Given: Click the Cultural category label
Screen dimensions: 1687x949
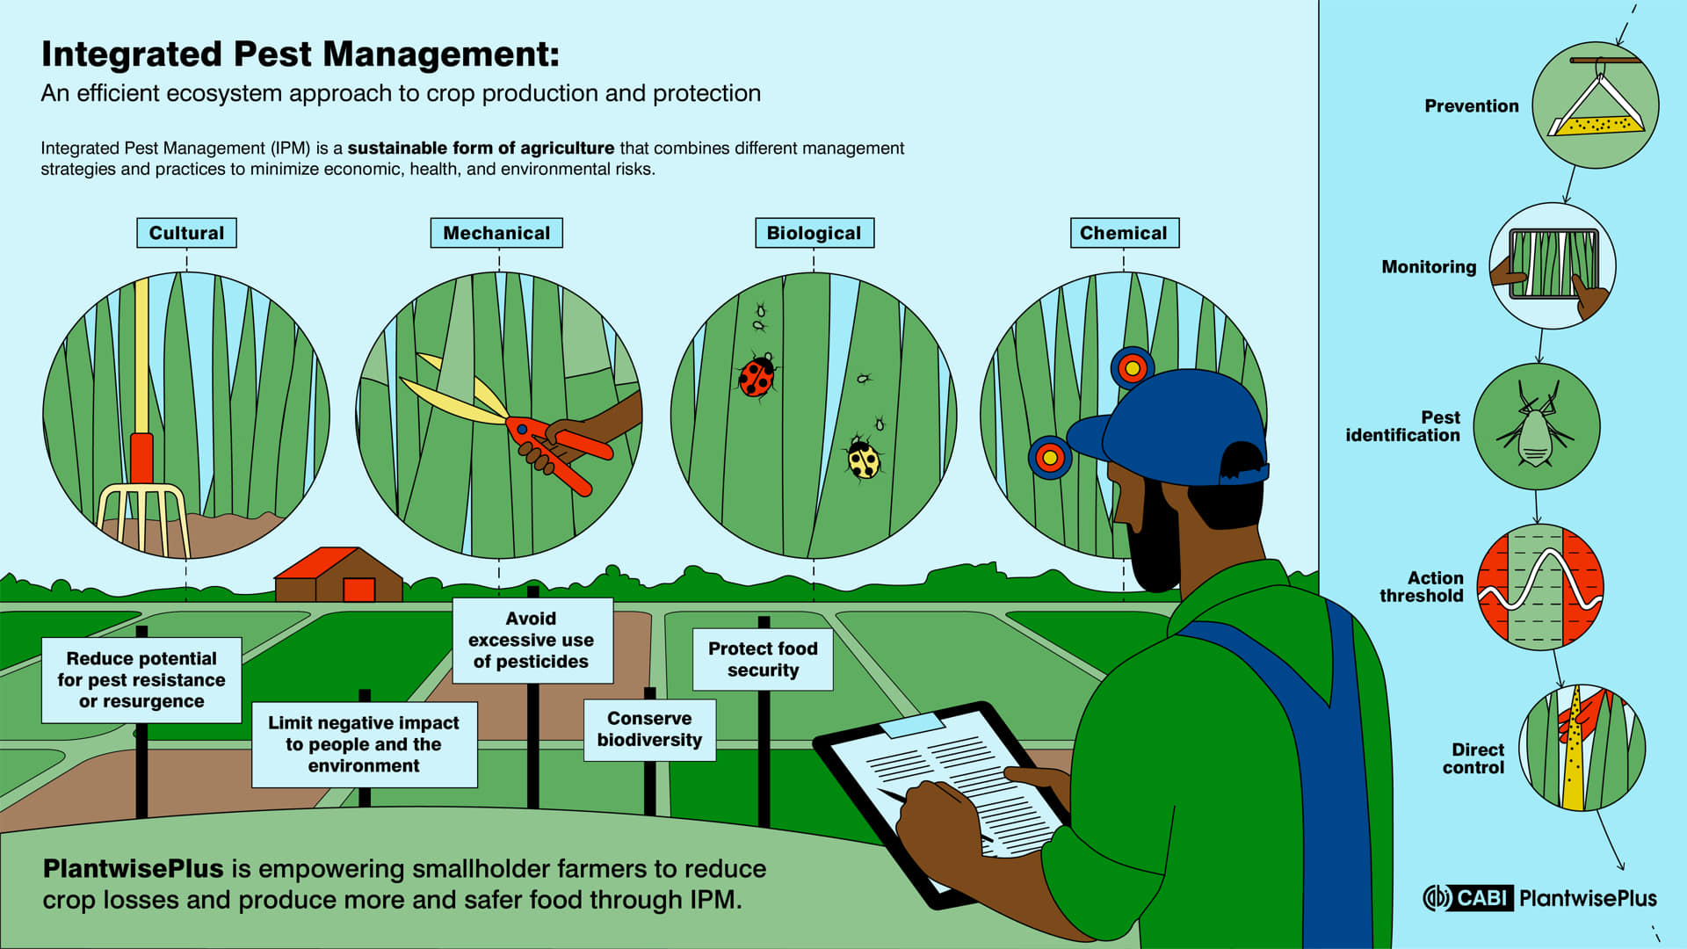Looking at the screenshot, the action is (186, 233).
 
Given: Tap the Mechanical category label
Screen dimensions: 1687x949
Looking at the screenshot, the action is (496, 233).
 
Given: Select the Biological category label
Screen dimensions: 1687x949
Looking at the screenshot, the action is (815, 233).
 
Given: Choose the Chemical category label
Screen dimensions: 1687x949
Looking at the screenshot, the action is (1124, 233).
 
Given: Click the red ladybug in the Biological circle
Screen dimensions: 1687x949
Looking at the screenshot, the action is (757, 376).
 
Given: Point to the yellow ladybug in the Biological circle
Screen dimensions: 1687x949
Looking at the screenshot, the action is (863, 458).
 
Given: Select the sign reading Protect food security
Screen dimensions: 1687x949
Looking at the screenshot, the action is (763, 659).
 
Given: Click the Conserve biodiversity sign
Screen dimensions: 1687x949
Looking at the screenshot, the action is (649, 729).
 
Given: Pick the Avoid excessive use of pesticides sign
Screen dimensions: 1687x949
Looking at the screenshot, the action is (532, 641).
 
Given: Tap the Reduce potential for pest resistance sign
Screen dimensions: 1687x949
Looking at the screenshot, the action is (141, 680).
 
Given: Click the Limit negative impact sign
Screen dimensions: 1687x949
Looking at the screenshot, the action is (364, 744).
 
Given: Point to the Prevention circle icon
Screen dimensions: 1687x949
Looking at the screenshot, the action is (1595, 105).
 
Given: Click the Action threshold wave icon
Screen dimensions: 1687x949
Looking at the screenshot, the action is (1540, 587).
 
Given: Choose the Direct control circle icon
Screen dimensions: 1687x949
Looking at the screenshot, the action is (1582, 748).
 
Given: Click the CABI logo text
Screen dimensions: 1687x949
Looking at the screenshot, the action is (1481, 898).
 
